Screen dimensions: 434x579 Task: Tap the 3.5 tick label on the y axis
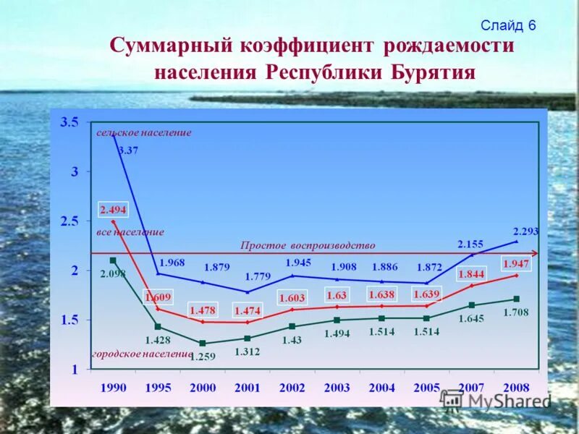coord(69,123)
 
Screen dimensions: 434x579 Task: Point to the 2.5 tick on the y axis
coord(69,221)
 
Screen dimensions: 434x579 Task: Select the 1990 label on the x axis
coord(113,388)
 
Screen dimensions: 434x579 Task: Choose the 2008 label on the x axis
coord(516,388)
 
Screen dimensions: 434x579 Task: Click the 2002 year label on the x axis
coord(292,388)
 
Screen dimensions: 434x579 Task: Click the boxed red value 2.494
coord(113,210)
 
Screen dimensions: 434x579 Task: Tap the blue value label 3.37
coord(128,150)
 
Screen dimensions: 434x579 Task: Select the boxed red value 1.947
coord(516,264)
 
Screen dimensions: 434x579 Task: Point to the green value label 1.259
coord(203,356)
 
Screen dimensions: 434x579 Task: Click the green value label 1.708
coord(517,312)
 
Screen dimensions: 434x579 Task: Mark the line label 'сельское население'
coord(144,133)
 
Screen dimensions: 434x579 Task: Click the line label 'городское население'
coord(142,354)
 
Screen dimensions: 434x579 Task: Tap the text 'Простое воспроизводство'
coord(308,246)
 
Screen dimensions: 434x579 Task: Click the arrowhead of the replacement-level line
coord(535,252)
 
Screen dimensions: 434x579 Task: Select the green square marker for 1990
coord(113,260)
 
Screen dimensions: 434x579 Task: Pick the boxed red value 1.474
coord(247,310)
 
